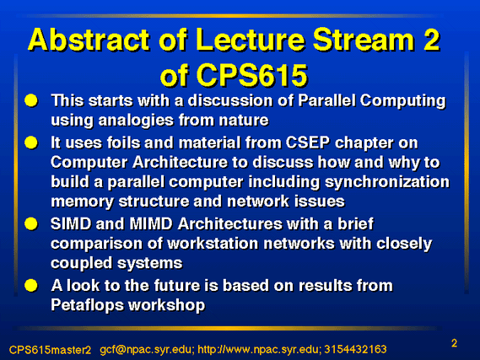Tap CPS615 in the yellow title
point(251,75)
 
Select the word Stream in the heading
point(360,40)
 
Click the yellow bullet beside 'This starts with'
point(31,100)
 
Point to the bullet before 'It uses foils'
point(31,142)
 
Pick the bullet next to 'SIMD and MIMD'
point(31,223)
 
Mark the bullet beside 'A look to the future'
point(31,285)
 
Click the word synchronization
point(387,183)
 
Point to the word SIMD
point(71,223)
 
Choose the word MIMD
point(151,223)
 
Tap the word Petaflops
point(87,305)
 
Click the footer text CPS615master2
point(51,350)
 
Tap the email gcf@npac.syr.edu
point(147,350)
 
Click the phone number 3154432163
point(355,349)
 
